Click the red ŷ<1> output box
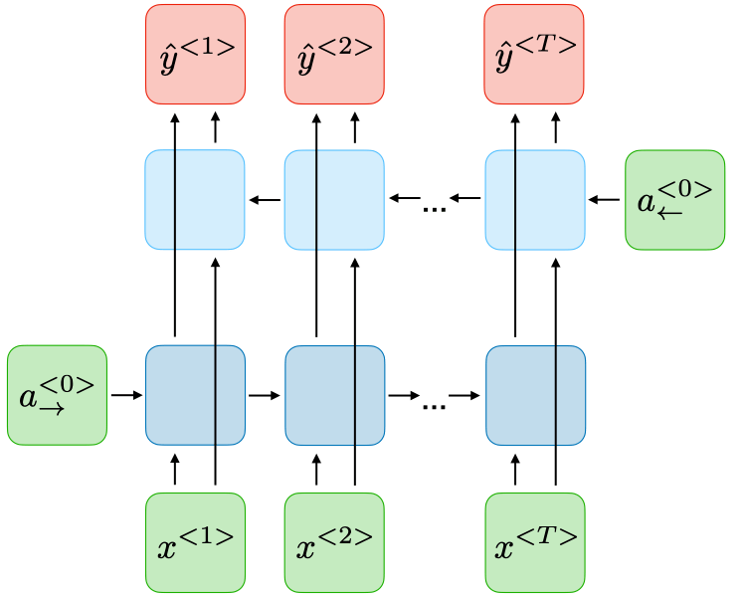click(x=195, y=55)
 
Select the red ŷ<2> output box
click(x=334, y=55)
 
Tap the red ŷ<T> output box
click(x=535, y=55)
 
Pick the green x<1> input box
click(x=195, y=542)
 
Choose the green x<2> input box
click(x=334, y=542)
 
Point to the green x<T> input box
click(x=535, y=542)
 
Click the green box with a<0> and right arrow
click(x=57, y=395)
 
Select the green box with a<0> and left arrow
click(x=674, y=200)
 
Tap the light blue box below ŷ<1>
click(x=195, y=200)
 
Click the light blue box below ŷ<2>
click(x=334, y=200)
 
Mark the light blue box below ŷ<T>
click(x=535, y=200)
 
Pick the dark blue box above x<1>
click(x=195, y=395)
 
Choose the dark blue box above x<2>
click(x=334, y=395)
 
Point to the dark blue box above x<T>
click(x=535, y=395)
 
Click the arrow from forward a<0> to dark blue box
click(x=126, y=395)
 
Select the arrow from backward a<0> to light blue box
click(x=604, y=200)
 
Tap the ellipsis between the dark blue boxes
click(x=434, y=405)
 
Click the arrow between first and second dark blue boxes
click(x=265, y=395)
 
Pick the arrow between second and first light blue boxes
click(x=265, y=200)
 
